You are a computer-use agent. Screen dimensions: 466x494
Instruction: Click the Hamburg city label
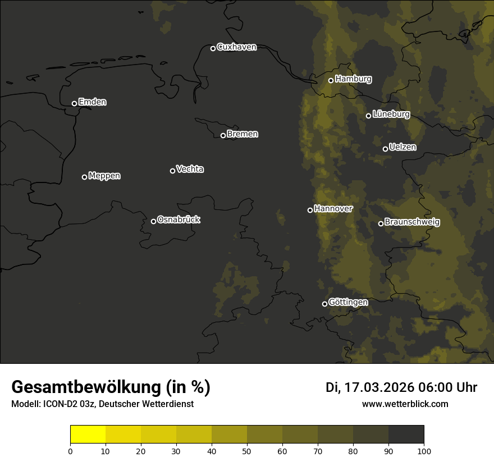[x=353, y=79]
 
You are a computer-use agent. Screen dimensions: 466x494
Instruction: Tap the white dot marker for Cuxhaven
[x=213, y=48]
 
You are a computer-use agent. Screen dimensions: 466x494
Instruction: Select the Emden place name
[x=92, y=102]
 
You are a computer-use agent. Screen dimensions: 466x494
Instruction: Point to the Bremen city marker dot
[x=223, y=135]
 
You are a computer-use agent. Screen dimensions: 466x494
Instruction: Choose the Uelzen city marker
[x=385, y=149]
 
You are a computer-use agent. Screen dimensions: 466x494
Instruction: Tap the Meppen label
[x=104, y=176]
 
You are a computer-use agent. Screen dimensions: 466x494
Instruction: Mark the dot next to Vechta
[x=172, y=171]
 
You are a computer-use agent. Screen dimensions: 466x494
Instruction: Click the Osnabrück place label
[x=179, y=220]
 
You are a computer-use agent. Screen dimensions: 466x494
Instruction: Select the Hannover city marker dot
[x=310, y=210]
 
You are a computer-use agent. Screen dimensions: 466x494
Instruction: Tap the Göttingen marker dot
[x=324, y=304]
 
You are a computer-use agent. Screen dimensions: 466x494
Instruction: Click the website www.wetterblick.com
[x=405, y=404]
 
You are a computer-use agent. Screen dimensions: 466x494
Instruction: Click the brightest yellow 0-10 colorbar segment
[x=88, y=435]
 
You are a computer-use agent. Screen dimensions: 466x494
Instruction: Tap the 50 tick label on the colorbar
[x=247, y=451]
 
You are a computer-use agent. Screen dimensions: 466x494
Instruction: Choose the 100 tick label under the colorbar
[x=424, y=451]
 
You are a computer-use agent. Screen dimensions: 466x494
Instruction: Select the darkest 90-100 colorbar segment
[x=406, y=435]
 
